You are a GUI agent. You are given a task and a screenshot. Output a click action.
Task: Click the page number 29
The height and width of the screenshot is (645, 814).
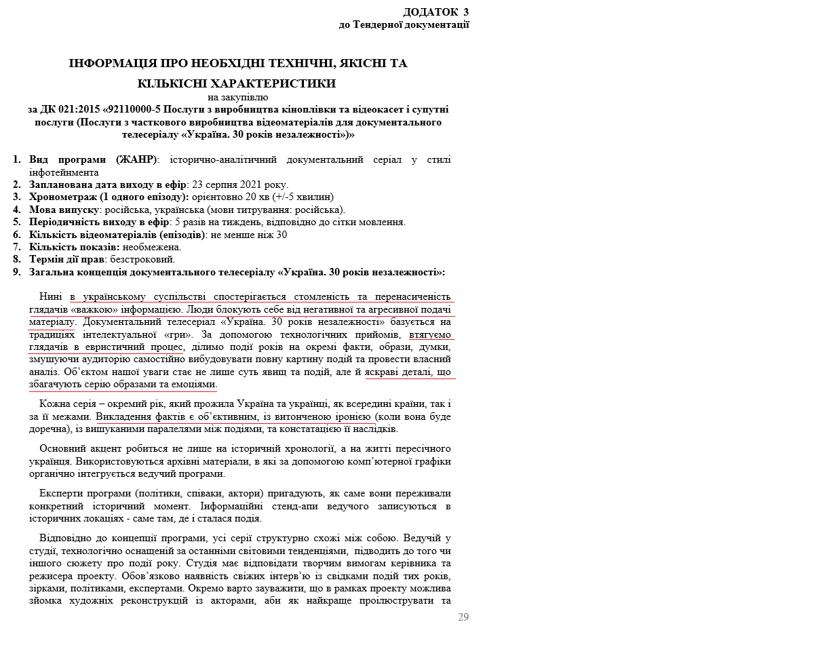[x=463, y=617]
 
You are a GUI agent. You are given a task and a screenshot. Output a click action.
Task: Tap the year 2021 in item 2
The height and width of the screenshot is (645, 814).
[x=247, y=185]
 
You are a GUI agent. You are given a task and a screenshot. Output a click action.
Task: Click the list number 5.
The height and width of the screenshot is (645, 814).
[x=16, y=222]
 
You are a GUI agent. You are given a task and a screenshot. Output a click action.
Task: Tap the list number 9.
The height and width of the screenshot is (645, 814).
[x=16, y=272]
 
